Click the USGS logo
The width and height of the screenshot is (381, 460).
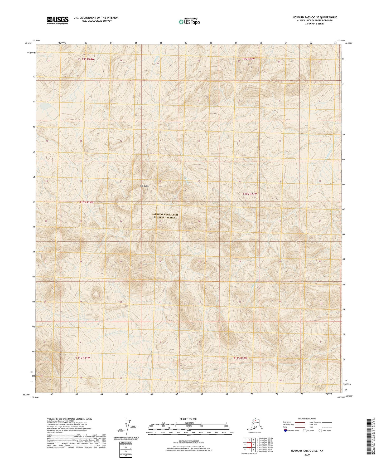57,20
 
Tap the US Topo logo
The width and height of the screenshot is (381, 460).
189,21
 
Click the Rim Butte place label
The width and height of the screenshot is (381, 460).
145,186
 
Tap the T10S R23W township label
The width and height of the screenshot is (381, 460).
249,194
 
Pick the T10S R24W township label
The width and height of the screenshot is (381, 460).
86,202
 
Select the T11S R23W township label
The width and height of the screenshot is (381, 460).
240,358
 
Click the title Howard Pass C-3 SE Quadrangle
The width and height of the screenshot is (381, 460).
314,17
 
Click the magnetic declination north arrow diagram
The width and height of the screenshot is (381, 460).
129,428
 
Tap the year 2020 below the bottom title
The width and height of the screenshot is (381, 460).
307,454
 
